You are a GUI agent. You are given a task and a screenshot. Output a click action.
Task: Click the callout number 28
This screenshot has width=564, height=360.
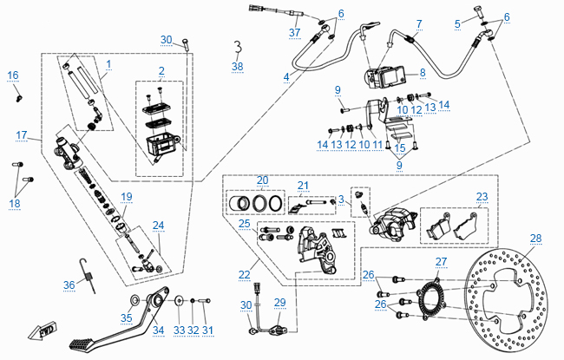[x=535, y=239]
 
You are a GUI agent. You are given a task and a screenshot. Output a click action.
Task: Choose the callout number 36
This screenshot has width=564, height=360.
[x=69, y=284]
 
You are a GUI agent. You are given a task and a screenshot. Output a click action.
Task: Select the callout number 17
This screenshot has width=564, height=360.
[x=23, y=134]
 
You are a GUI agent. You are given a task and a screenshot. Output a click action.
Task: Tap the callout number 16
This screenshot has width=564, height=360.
[x=13, y=75]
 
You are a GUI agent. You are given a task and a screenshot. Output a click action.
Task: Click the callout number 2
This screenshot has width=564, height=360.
[x=161, y=70]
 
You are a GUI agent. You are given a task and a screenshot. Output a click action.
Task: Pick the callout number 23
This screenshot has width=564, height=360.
[x=482, y=196]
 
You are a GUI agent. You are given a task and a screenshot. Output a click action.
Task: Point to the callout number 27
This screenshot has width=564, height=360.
[x=441, y=261]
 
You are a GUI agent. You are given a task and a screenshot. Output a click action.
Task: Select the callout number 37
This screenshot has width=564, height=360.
[x=294, y=33]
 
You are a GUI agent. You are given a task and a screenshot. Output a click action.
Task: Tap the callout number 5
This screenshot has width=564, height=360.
[x=457, y=23]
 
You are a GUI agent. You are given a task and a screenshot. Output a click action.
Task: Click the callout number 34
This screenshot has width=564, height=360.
[x=158, y=331]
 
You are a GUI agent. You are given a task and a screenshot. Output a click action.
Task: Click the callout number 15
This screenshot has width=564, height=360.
[x=400, y=148]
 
